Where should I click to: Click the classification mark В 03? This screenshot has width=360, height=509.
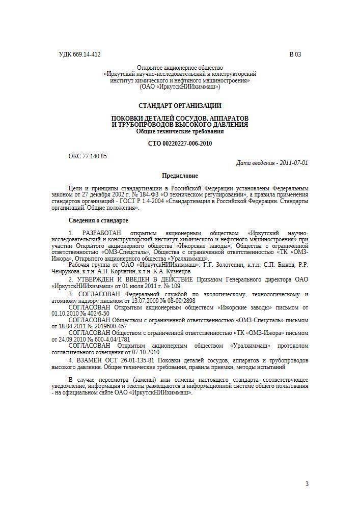(295, 54)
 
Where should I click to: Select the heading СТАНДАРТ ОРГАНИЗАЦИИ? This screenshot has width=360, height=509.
(180, 106)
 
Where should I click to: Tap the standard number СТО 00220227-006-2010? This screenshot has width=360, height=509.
(180, 144)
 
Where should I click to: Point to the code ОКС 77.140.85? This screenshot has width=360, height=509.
(88, 156)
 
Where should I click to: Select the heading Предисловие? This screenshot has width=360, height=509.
(180, 176)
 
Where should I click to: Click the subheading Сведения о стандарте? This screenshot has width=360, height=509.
(98, 220)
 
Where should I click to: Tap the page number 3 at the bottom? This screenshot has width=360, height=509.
(307, 484)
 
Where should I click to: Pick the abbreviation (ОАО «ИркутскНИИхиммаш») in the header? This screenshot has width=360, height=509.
(180, 87)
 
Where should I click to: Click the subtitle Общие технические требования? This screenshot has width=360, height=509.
(180, 131)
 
